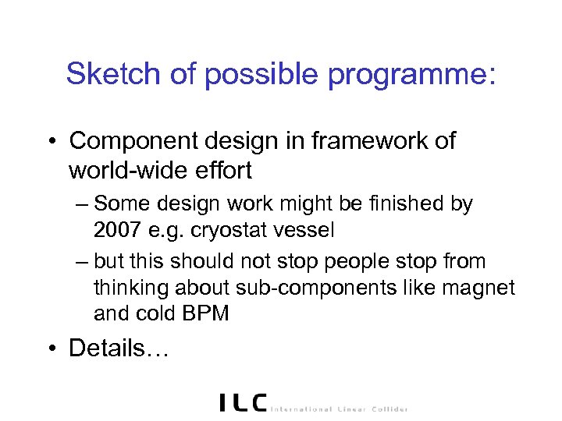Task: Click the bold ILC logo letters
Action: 243,403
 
